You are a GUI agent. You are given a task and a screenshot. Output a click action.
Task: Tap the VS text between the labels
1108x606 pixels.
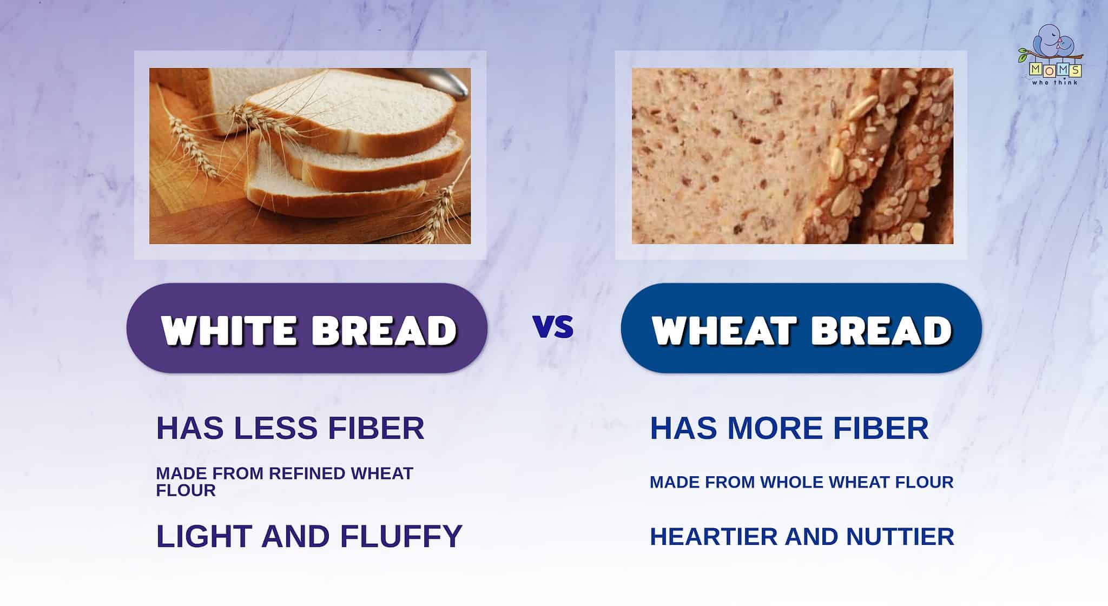(x=553, y=327)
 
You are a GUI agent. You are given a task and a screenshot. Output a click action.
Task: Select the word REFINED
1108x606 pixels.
(x=307, y=473)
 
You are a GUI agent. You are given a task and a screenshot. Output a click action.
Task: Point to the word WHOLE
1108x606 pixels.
(x=795, y=482)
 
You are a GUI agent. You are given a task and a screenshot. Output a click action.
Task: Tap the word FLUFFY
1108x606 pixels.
(x=401, y=536)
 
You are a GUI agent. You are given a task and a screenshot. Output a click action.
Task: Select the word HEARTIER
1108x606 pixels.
(x=714, y=537)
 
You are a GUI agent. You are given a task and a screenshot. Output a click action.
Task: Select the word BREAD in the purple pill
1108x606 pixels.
(x=385, y=330)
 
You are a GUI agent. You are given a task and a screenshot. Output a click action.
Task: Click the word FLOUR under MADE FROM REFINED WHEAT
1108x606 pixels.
(x=186, y=491)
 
